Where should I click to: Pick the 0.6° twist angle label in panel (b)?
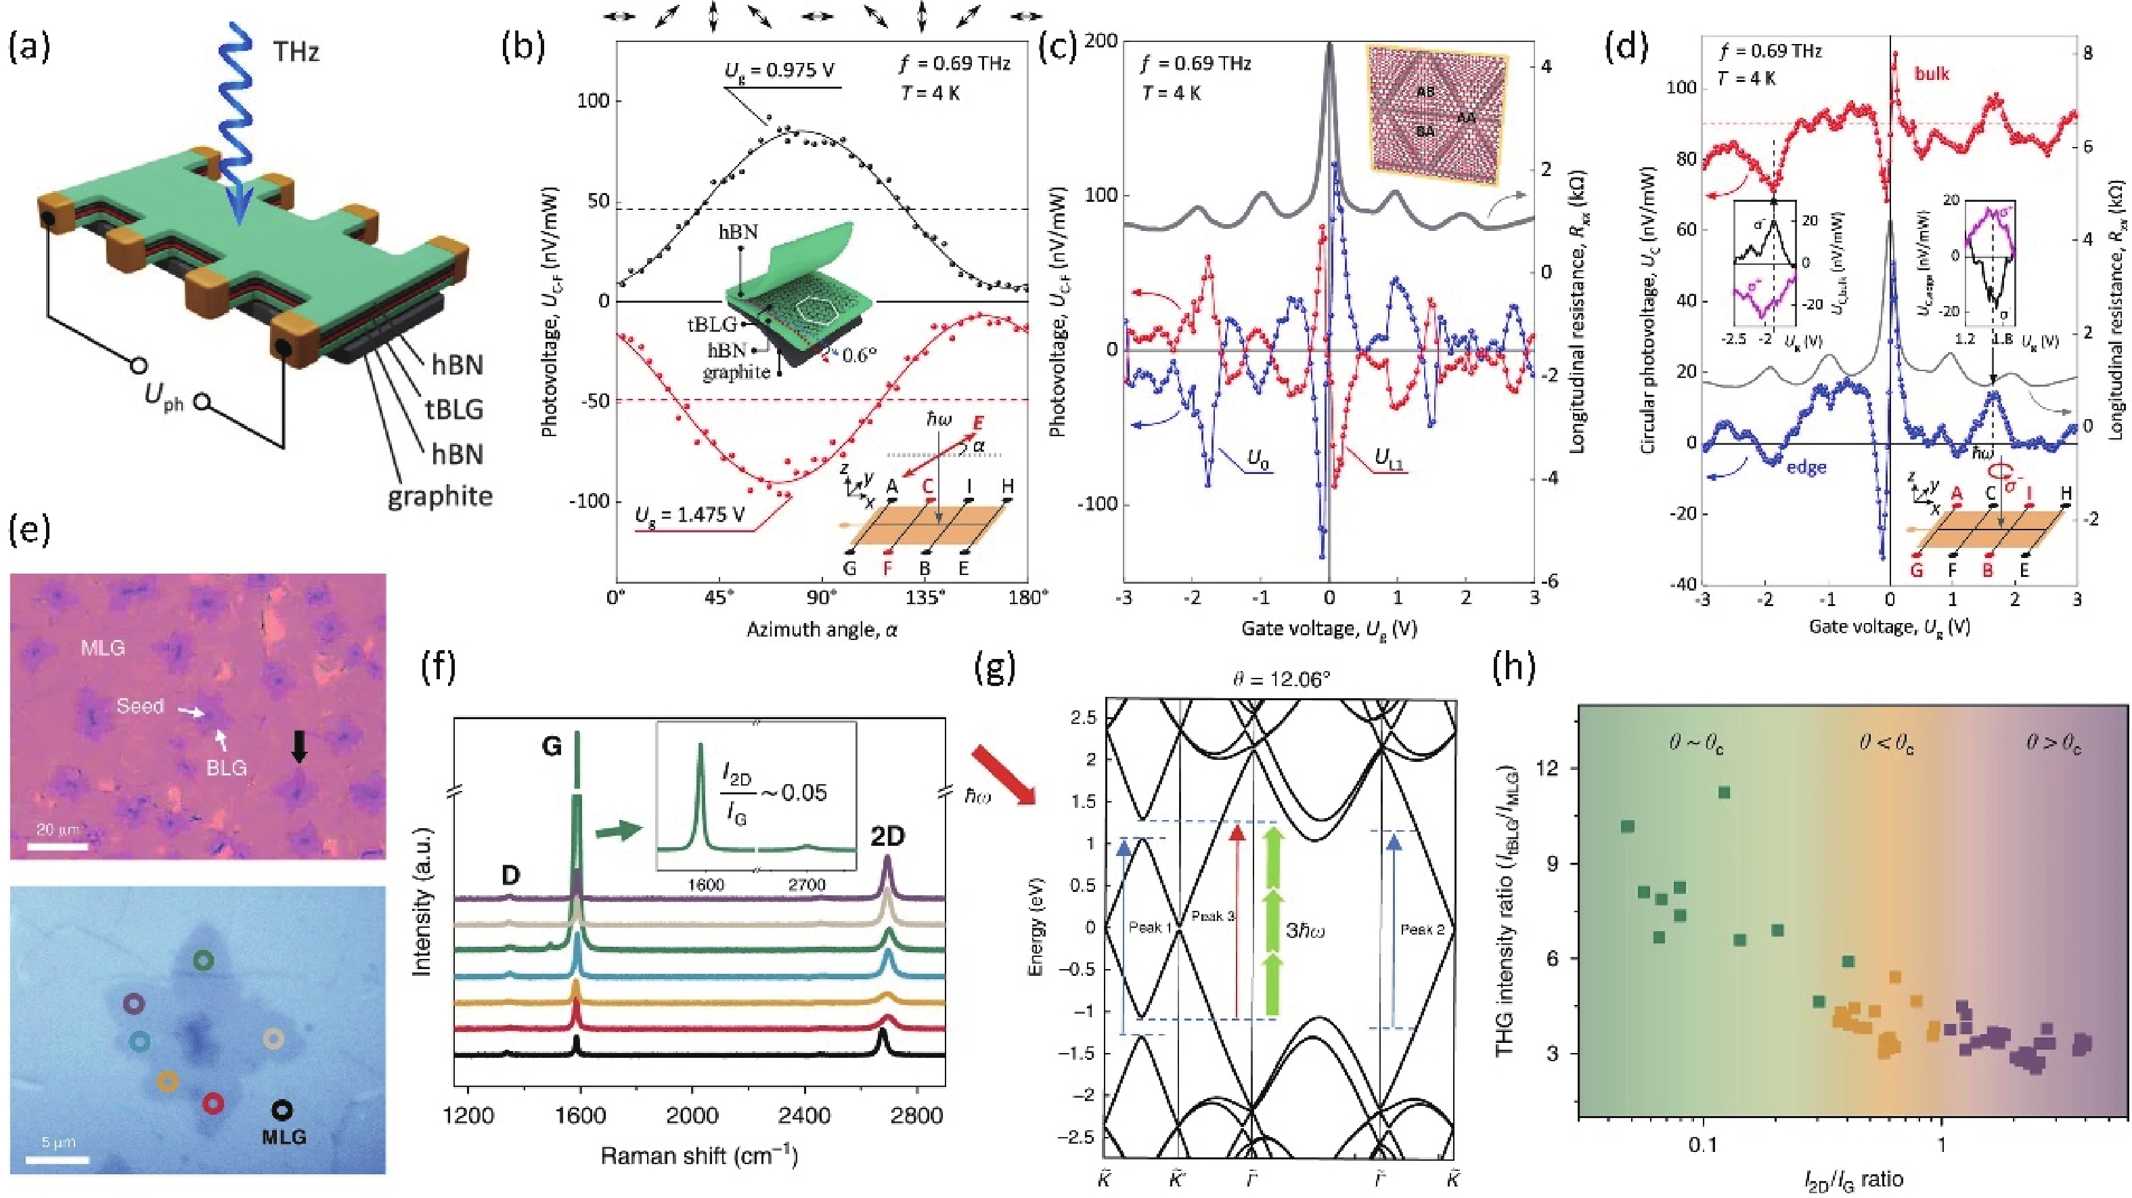click(x=858, y=355)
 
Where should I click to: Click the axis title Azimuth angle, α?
click(x=821, y=630)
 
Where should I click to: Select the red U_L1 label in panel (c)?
click(x=1388, y=458)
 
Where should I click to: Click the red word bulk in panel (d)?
click(x=1932, y=74)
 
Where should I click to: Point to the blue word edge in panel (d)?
click(x=1805, y=467)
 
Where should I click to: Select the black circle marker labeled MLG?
click(x=282, y=1110)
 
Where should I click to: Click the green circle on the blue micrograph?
click(x=204, y=960)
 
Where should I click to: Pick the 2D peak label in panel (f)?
click(x=887, y=837)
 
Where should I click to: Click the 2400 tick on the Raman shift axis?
click(x=805, y=1116)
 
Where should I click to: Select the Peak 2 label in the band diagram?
click(x=1422, y=930)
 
